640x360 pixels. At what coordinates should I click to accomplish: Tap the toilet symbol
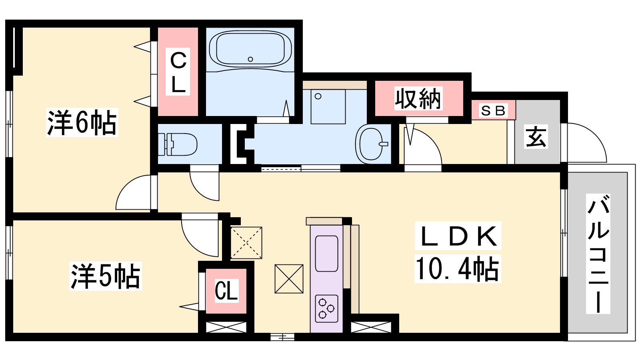point(178,144)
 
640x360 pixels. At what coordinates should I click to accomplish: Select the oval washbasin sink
point(371,144)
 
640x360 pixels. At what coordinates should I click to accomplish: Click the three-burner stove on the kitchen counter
point(326,308)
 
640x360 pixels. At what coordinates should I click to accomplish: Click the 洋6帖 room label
point(82,122)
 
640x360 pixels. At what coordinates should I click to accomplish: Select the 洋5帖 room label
point(106,276)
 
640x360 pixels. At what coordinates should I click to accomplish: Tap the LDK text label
point(458,236)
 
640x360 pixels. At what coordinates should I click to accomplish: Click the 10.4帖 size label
point(458,268)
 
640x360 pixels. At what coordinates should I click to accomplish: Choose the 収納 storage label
point(418,98)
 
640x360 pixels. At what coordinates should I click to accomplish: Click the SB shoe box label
point(493,110)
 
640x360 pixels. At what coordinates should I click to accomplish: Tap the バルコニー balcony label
point(598,254)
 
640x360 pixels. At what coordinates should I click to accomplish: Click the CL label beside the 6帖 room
point(178,72)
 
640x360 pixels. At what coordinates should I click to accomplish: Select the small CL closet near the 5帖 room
point(226,290)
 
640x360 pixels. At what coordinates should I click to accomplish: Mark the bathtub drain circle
point(250,59)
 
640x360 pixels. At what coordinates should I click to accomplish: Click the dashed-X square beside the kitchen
point(246,243)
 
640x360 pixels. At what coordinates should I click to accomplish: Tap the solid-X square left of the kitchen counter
point(289,279)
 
